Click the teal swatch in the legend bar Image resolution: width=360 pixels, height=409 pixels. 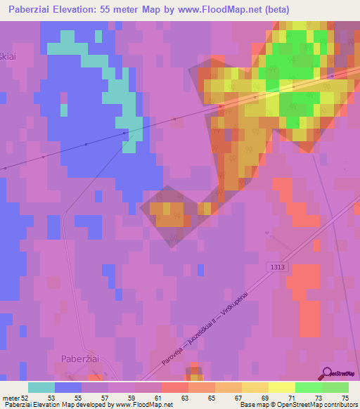41,387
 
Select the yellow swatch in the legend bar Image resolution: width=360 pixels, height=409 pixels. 282,387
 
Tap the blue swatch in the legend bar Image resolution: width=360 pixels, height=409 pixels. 68,387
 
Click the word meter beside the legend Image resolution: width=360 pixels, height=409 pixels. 10,398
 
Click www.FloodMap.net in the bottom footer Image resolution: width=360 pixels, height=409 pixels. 143,405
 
